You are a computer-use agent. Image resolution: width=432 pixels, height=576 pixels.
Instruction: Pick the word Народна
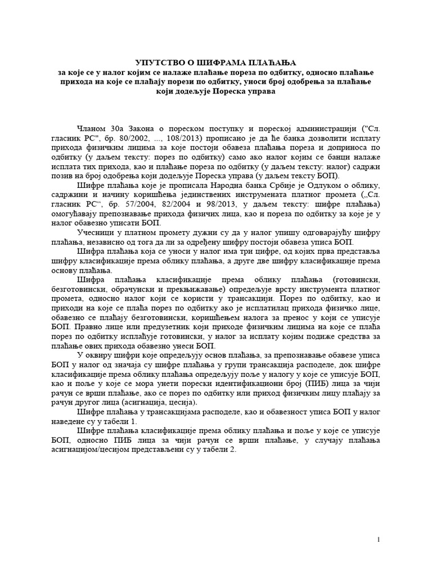[x=236, y=186]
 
